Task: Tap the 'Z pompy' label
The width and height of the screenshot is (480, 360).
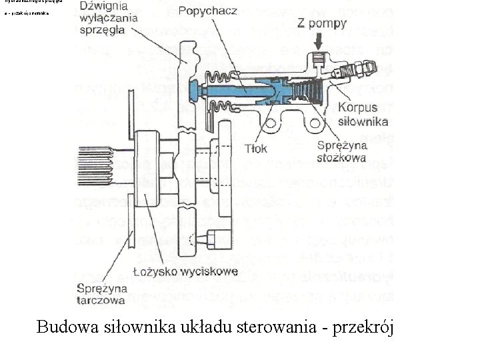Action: (x=321, y=24)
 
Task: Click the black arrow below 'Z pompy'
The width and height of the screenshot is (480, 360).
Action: (x=319, y=41)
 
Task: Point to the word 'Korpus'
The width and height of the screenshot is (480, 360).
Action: (x=357, y=107)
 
